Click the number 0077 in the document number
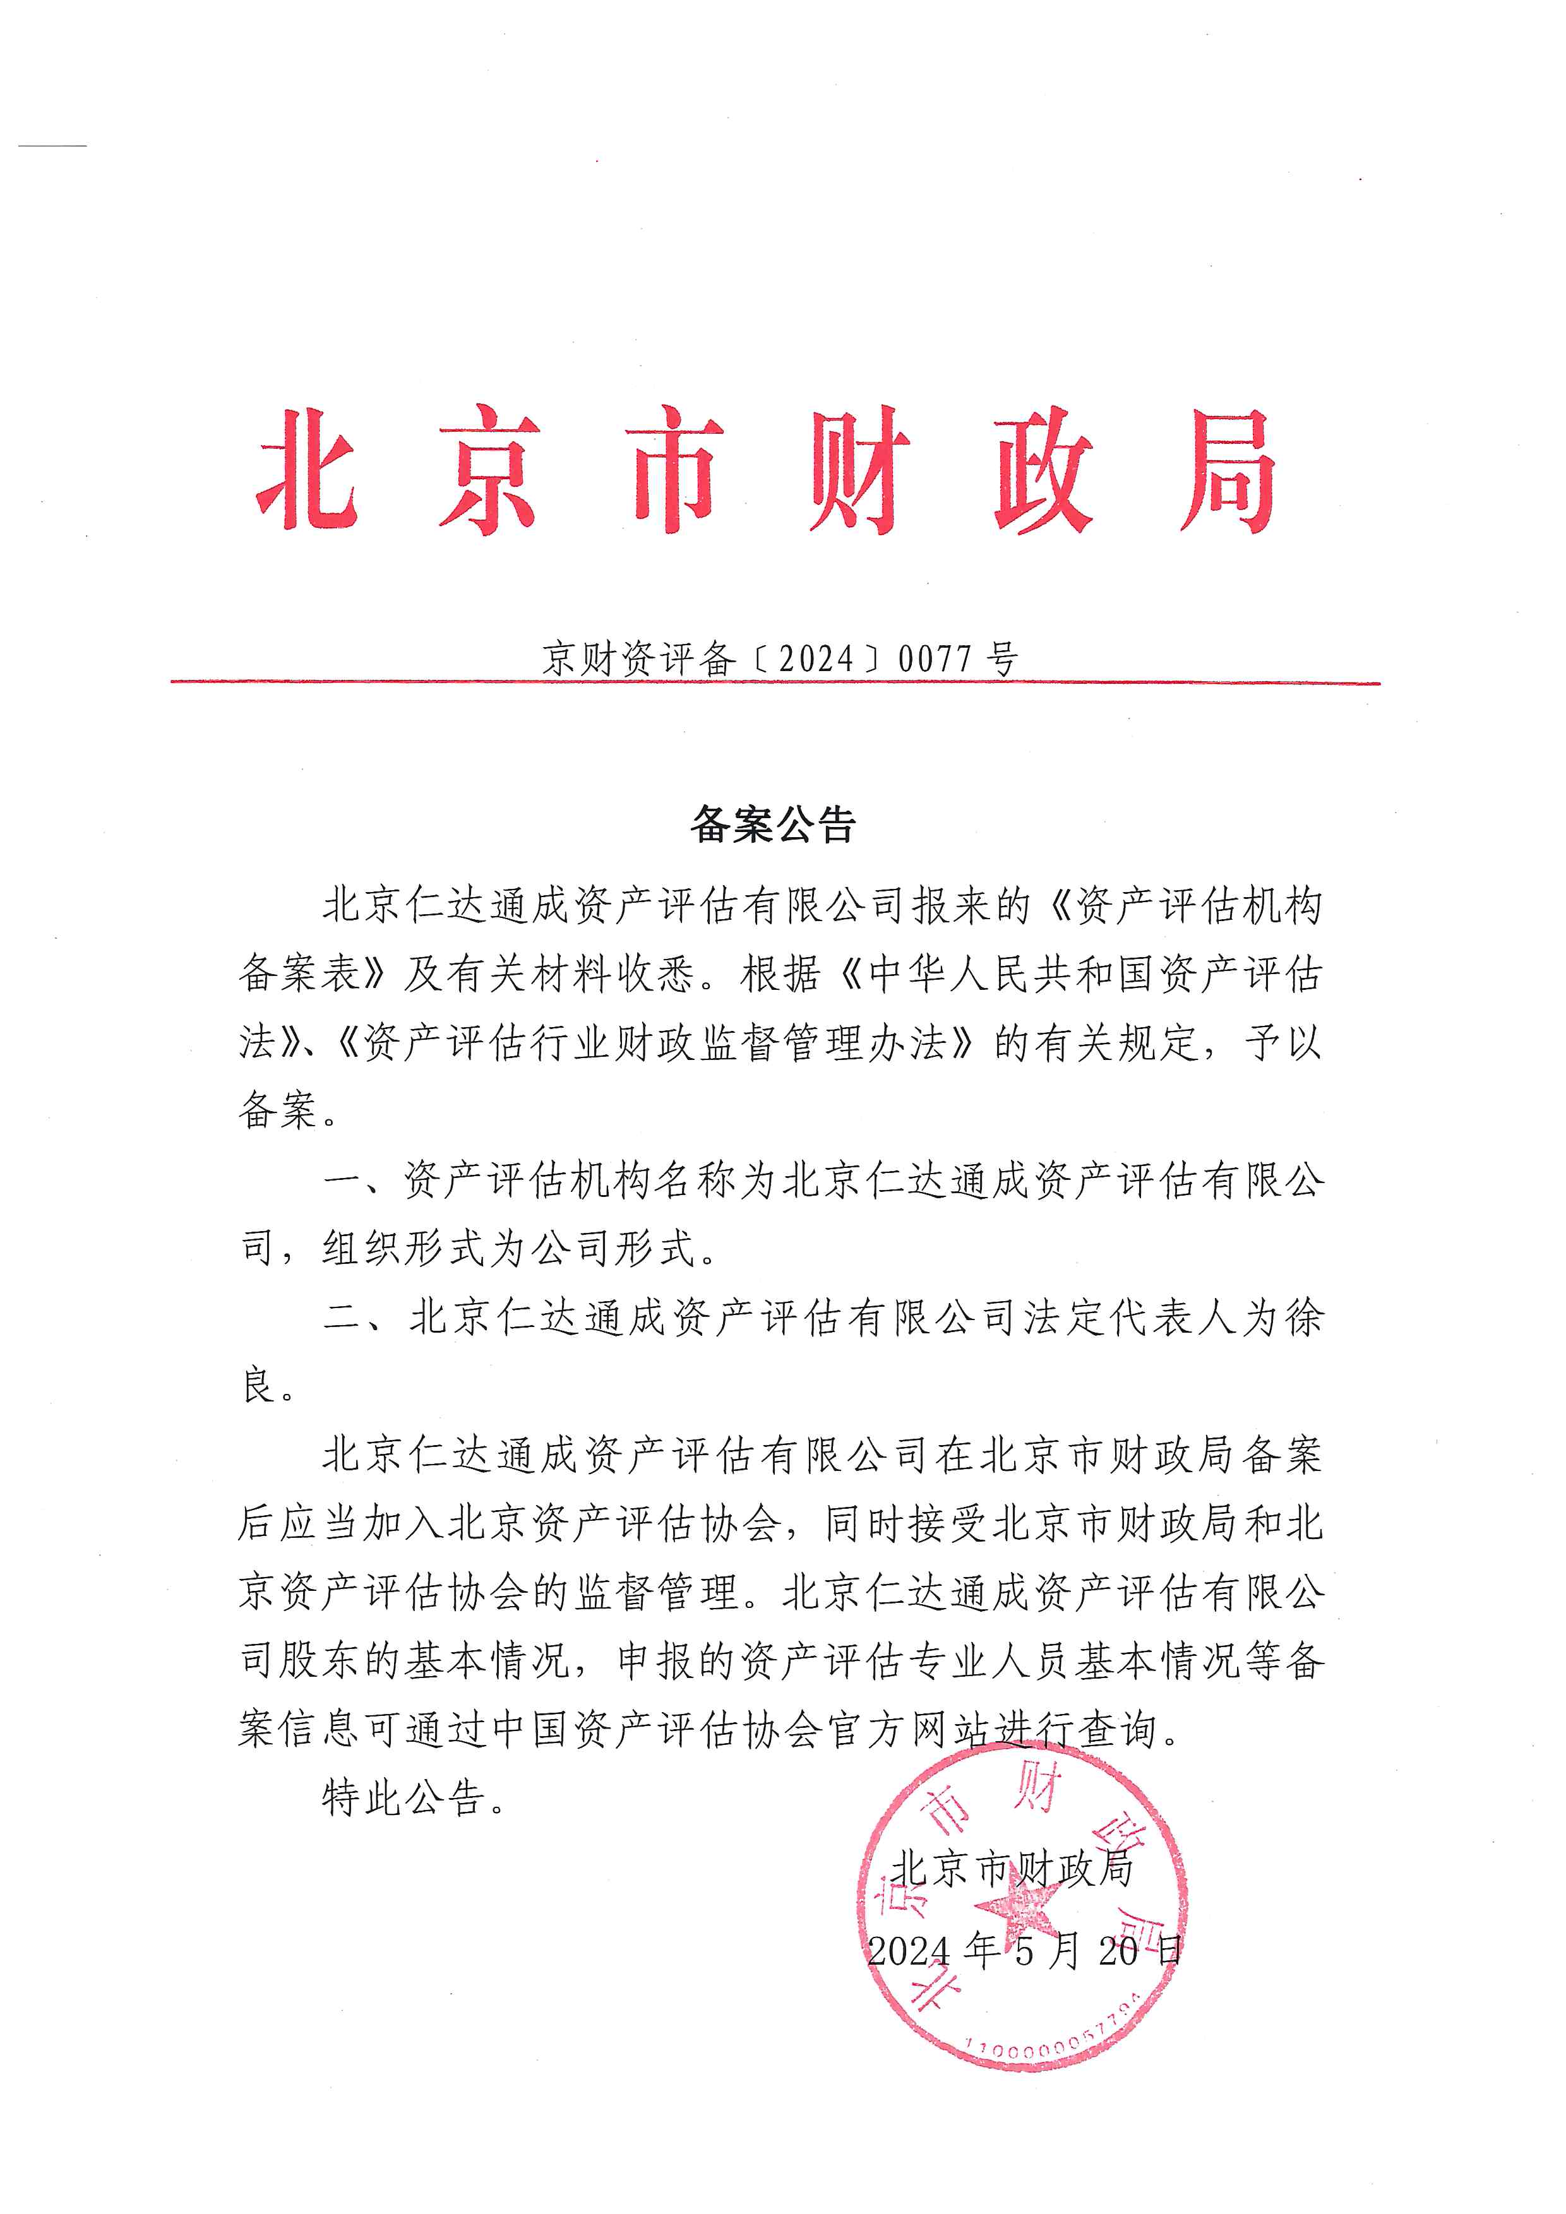point(935,660)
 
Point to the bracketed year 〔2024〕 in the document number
point(816,660)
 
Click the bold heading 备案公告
point(774,825)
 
